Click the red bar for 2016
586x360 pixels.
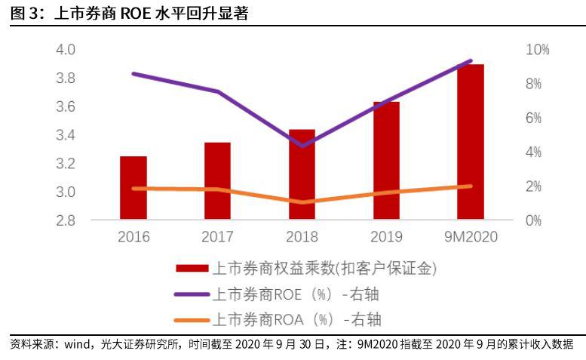[x=133, y=189]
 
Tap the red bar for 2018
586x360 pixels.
[x=302, y=175]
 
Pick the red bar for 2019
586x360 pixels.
[x=386, y=161]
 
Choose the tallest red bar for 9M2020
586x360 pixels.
[x=471, y=143]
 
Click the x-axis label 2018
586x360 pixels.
[x=302, y=237]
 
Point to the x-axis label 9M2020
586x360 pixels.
[x=471, y=237]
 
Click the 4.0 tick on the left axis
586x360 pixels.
[x=66, y=50]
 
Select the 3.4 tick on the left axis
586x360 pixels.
[x=66, y=135]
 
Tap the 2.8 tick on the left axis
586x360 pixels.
[x=66, y=220]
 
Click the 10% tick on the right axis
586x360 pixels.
[x=538, y=50]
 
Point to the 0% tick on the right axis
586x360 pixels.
[x=534, y=220]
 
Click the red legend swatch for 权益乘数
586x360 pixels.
[x=192, y=269]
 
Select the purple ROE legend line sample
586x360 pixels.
[x=192, y=294]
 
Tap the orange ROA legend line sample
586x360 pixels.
[x=192, y=320]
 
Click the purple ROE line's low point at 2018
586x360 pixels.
[x=302, y=146]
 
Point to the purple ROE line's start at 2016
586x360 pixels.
[x=133, y=73]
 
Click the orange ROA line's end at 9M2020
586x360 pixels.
[x=471, y=186]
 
